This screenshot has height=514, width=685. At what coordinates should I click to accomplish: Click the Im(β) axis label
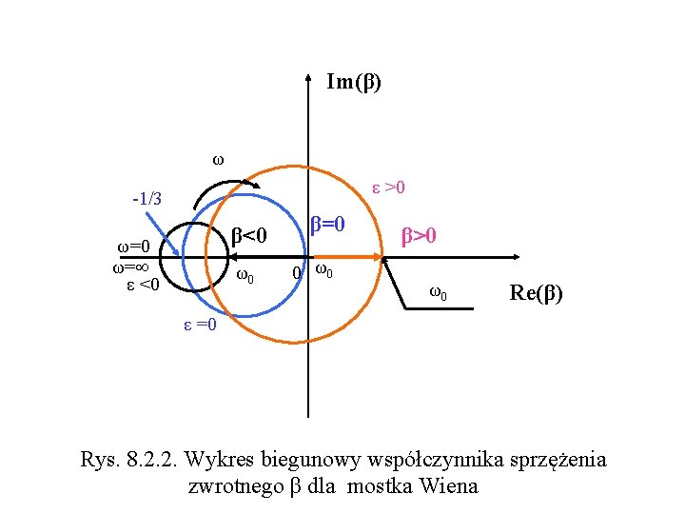(x=353, y=83)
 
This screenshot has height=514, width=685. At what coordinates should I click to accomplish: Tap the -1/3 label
(x=147, y=200)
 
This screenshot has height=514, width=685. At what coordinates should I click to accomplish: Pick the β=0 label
(x=326, y=226)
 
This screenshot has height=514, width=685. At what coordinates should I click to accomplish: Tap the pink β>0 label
(x=418, y=233)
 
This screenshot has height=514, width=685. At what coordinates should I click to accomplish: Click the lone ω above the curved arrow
(x=217, y=159)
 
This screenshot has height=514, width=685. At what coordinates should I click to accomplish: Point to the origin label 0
(x=297, y=274)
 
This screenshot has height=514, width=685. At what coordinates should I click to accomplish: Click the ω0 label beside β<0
(x=245, y=277)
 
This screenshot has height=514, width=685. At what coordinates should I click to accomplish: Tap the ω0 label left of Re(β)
(x=438, y=291)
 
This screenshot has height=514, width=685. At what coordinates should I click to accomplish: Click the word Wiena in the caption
(x=451, y=486)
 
